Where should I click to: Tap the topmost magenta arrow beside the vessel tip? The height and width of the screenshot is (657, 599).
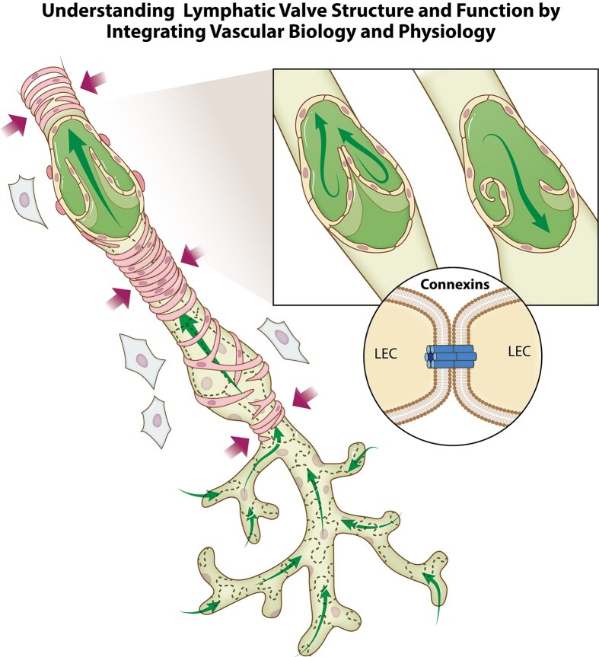94,82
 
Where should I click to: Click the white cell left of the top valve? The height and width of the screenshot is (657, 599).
29,200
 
